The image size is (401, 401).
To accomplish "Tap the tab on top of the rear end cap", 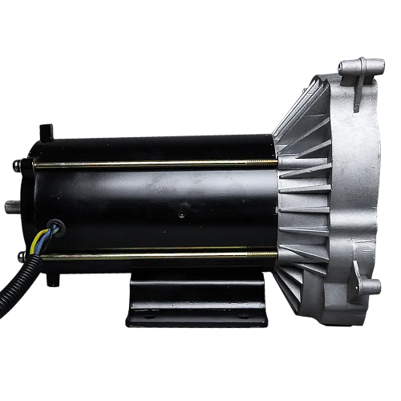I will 47,129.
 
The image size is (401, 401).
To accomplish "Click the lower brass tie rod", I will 152,256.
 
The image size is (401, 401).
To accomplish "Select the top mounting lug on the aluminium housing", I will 356,67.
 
